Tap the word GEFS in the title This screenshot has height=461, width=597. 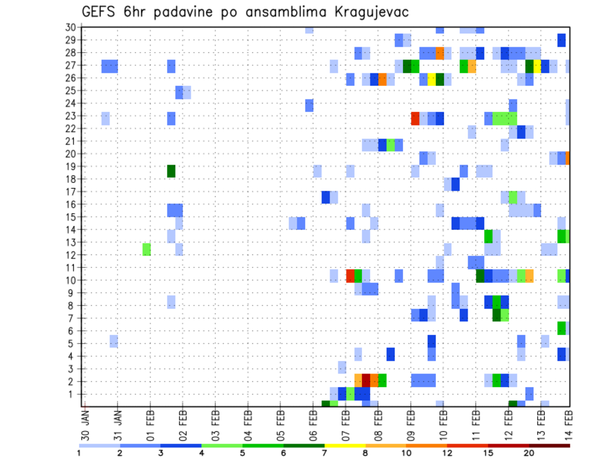[x=101, y=12]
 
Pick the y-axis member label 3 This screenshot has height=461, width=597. [x=73, y=368]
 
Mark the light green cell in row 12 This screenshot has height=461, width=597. [x=147, y=249]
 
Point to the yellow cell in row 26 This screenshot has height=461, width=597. [x=431, y=79]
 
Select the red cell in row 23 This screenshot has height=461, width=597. [x=415, y=118]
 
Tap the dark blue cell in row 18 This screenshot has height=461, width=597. [x=456, y=185]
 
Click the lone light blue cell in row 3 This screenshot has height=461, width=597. [x=342, y=367]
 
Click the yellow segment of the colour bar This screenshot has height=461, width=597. [x=345, y=445]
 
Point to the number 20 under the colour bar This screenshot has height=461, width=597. [x=529, y=453]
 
